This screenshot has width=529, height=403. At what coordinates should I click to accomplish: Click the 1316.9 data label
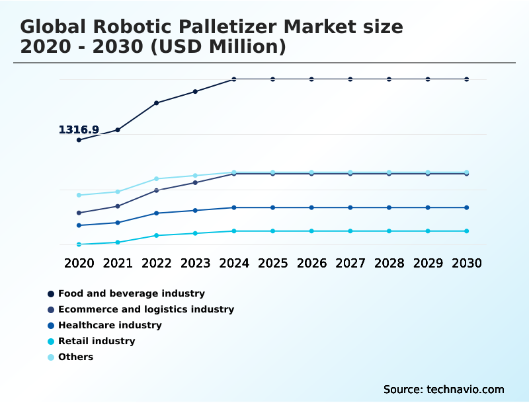coord(79,130)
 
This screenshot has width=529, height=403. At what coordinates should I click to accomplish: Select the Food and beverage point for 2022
coord(157,103)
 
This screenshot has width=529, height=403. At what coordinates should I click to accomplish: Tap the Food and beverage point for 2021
coord(118,130)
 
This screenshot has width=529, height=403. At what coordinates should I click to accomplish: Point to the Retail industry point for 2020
coord(79,244)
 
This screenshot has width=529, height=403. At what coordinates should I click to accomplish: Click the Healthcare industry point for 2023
coord(195,211)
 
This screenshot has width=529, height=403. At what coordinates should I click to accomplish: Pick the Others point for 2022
coord(157,179)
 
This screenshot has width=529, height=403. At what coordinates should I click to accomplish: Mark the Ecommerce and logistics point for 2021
coord(118,206)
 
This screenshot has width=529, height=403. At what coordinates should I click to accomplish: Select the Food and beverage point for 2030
coord(467,79)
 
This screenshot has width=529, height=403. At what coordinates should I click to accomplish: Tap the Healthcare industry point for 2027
coord(350,207)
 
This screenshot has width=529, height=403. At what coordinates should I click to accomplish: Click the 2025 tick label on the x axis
coord(273,263)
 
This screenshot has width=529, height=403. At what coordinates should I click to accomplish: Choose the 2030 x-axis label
coord(467,263)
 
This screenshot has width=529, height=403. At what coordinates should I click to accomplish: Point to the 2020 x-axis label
coord(79,263)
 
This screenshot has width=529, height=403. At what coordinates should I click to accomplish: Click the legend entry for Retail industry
coord(97,342)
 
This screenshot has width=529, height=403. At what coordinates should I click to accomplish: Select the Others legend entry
coord(75,357)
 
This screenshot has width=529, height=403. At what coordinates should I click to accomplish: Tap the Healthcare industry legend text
coord(110,326)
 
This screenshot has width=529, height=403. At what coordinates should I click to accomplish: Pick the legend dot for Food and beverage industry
coord(51,294)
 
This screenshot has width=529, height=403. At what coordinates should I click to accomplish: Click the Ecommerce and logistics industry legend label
coord(146,310)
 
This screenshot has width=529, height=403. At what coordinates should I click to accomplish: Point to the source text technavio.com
coord(466,389)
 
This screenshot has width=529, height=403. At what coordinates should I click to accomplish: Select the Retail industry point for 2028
coord(389,231)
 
